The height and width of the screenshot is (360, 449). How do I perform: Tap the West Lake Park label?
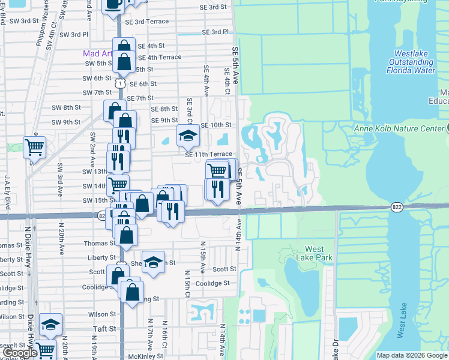315,253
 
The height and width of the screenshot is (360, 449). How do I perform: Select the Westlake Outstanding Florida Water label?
412,62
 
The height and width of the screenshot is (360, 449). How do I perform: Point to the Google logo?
20,353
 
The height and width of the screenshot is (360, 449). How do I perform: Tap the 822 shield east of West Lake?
396,206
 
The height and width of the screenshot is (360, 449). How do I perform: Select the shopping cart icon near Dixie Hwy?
34,146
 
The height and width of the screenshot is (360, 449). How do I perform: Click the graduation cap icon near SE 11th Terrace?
188,136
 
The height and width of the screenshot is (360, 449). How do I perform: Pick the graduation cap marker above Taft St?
51,325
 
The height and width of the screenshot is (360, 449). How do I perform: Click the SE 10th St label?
216,125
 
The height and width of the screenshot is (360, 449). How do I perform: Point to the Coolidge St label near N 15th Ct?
212,283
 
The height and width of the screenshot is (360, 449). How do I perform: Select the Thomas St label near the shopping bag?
100,244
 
